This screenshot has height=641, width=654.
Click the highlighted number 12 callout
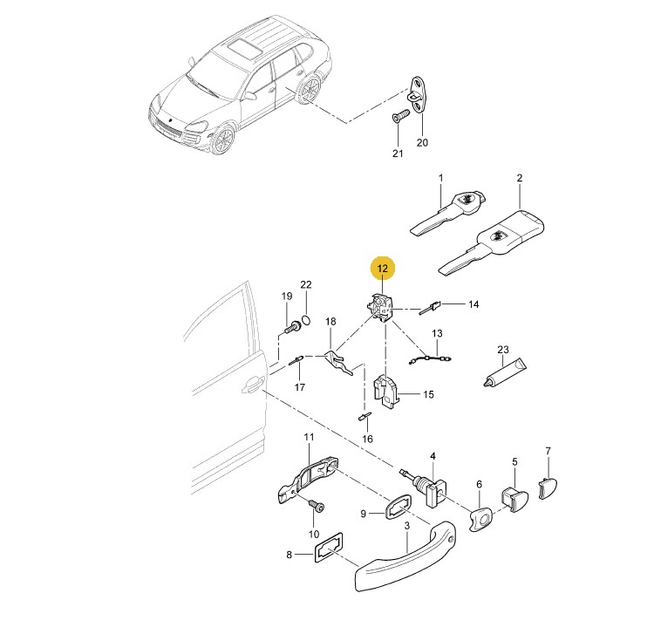point(383,269)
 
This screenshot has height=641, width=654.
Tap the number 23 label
point(503,349)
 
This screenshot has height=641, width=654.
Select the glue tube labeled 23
point(504,372)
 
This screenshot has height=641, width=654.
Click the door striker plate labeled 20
point(418,95)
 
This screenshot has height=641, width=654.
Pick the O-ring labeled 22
point(306,320)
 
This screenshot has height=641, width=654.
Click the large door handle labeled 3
point(404,556)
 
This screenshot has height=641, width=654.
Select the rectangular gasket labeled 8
point(329,548)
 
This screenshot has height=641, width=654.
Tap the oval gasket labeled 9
point(398,506)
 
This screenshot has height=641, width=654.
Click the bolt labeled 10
point(317,506)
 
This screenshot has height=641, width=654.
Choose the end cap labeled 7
point(548,488)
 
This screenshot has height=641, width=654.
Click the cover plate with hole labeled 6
point(480,519)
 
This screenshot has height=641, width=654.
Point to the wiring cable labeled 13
point(431,358)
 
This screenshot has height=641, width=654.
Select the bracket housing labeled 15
point(385,391)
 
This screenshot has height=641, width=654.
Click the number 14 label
point(473,304)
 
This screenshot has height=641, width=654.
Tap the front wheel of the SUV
point(222,140)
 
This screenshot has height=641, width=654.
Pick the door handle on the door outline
point(253,385)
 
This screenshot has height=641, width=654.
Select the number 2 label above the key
point(520,178)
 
